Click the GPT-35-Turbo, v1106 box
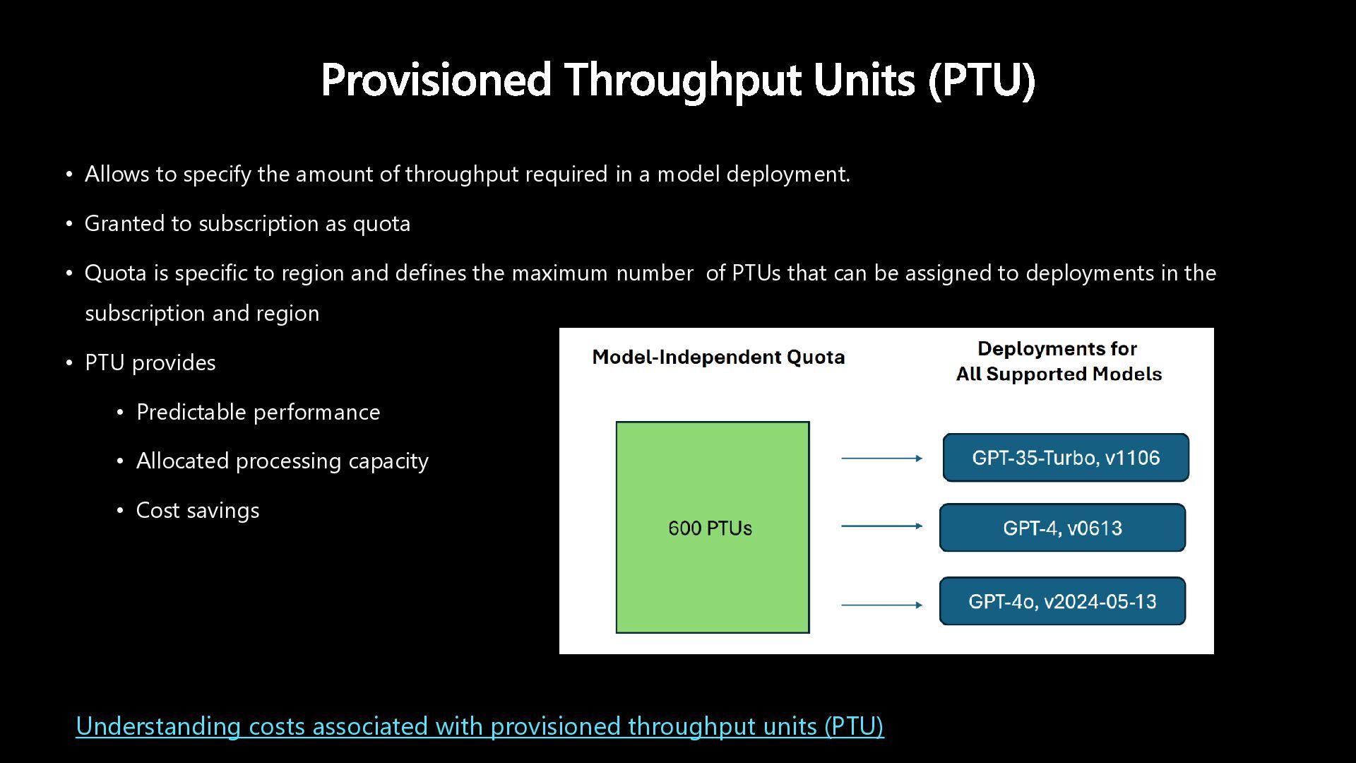1066,458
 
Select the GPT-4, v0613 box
1062,528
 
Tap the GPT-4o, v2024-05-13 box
1062,601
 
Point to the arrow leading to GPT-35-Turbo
881,459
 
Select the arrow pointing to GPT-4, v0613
881,526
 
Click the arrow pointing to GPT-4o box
881,605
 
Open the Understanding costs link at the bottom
480,726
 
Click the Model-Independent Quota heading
718,357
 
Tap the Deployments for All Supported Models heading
1058,361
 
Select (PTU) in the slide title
982,79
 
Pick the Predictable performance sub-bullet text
258,412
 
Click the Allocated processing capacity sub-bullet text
282,461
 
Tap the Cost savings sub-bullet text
198,510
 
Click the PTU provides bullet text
150,362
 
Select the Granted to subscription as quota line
247,223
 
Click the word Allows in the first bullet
117,174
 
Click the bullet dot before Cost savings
120,510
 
